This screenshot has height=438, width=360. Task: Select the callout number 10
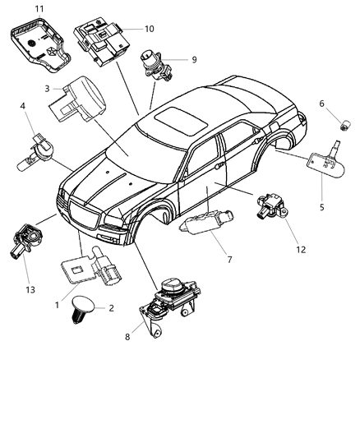[x=150, y=29]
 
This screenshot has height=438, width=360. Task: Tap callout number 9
[x=194, y=59]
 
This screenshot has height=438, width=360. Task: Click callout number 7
[x=229, y=260]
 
